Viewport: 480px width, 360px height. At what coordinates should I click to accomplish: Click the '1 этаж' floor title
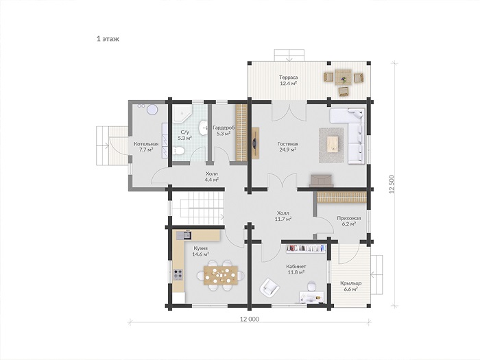pyautogui.click(x=108, y=39)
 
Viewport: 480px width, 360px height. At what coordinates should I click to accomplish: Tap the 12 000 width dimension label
pyautogui.click(x=250, y=319)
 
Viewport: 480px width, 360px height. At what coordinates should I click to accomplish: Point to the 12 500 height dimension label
pyautogui.click(x=391, y=184)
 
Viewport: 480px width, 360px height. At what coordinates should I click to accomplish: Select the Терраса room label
pyautogui.click(x=289, y=77)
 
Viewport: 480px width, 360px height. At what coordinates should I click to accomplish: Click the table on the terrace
pyautogui.click(x=343, y=77)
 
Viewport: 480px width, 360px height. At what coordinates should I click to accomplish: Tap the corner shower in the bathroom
pyautogui.click(x=181, y=113)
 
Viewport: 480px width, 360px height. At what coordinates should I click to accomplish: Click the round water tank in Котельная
pyautogui.click(x=152, y=110)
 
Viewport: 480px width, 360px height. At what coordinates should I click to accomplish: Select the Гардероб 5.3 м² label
pyautogui.click(x=224, y=130)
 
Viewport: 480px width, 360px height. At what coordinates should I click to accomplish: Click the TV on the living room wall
pyautogui.click(x=254, y=143)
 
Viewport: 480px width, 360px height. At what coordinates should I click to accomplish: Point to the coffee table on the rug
pyautogui.click(x=332, y=145)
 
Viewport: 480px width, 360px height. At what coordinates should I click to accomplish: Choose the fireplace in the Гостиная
pyautogui.click(x=321, y=180)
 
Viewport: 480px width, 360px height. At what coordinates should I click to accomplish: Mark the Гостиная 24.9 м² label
pyautogui.click(x=288, y=147)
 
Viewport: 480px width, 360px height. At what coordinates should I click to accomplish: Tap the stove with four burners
pyautogui.click(x=178, y=274)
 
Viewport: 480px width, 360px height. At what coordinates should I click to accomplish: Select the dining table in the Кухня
pyautogui.click(x=220, y=275)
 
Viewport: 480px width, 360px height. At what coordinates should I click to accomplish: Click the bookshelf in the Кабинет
pyautogui.click(x=306, y=248)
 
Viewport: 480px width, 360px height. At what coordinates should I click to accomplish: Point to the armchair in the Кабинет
pyautogui.click(x=269, y=287)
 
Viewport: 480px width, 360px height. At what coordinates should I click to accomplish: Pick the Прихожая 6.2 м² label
pyautogui.click(x=348, y=221)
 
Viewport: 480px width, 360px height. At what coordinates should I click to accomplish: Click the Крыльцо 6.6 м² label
pyautogui.click(x=351, y=286)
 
